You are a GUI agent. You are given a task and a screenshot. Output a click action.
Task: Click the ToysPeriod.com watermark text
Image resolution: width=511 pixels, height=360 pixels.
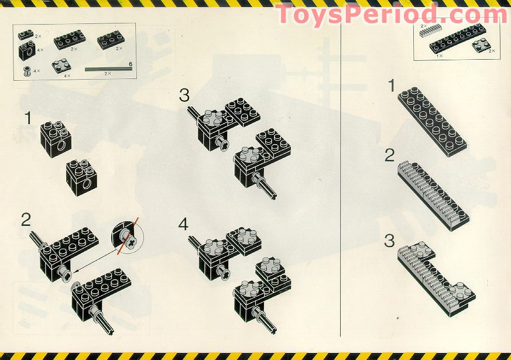click(x=391, y=14)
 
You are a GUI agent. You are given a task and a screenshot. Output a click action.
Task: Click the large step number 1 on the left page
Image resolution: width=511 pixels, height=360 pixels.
click(x=28, y=118)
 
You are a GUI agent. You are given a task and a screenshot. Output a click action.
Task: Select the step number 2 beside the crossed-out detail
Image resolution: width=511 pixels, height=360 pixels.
click(x=26, y=220)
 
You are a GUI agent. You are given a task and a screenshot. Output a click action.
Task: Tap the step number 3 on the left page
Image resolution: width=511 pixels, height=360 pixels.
click(x=184, y=95)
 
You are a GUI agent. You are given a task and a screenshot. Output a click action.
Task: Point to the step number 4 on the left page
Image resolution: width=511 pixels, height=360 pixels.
click(x=184, y=224)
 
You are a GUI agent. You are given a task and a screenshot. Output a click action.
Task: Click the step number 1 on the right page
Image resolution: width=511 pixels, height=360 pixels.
click(x=392, y=87)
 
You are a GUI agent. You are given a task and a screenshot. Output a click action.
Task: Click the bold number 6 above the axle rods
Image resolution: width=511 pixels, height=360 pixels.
click(x=130, y=63)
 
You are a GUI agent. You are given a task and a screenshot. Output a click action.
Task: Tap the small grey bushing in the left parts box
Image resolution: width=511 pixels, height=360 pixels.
click(x=26, y=71)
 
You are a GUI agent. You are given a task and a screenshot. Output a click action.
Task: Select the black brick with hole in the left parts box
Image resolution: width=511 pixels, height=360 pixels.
click(x=26, y=52)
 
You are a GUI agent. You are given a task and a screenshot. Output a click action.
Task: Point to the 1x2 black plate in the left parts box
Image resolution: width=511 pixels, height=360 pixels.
click(x=26, y=34)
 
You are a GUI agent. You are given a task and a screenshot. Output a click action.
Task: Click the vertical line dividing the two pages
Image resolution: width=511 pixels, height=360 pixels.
click(x=341, y=176)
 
